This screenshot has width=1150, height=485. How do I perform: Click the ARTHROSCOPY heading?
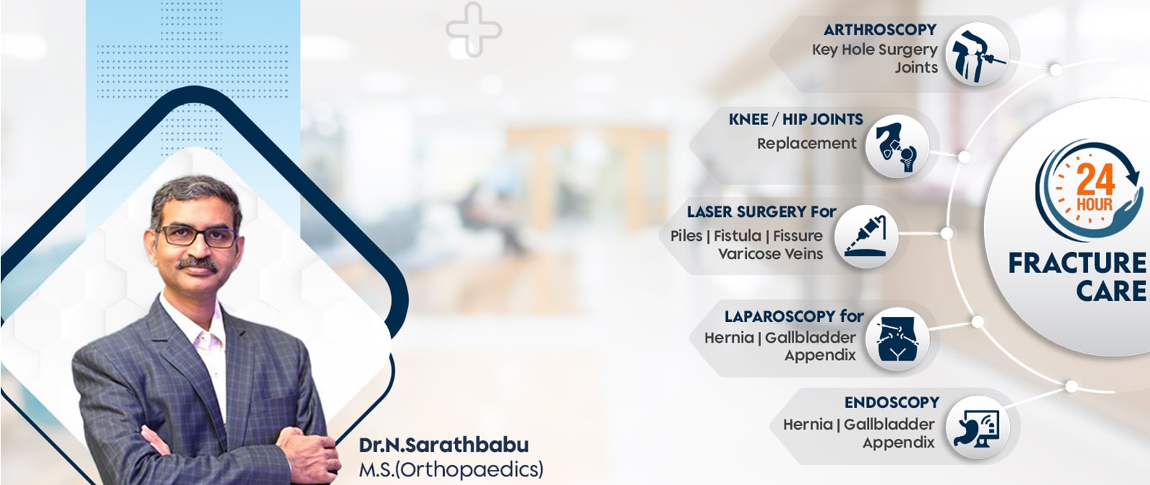pos(880,29)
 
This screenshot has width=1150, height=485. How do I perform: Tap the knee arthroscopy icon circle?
pos(977,54)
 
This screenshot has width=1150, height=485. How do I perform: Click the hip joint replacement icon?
pos(897,147)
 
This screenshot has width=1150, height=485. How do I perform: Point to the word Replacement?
pos(806,143)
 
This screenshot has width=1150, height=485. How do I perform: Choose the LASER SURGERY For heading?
pos(761,211)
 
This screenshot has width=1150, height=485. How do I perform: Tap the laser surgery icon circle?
pos(866,236)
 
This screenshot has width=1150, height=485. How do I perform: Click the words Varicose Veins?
pos(770,254)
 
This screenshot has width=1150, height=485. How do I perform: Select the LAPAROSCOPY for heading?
pos(793,316)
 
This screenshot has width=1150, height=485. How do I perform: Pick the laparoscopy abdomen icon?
pos(897,340)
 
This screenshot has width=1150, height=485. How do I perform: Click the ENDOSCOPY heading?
pos(892,402)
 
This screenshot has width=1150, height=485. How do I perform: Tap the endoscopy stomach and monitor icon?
pos(977,428)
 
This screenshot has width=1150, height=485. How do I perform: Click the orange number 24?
pos(1095,180)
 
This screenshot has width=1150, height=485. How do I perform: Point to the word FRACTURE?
pos(1077,263)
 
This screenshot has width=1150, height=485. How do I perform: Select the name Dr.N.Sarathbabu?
pos(443,445)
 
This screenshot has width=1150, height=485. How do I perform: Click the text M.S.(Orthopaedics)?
pos(451,470)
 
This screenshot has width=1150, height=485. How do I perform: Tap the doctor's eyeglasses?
pos(198,236)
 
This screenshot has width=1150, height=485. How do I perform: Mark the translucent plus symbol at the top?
pos(474,29)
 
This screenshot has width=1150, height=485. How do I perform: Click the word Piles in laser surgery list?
pos(686,236)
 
